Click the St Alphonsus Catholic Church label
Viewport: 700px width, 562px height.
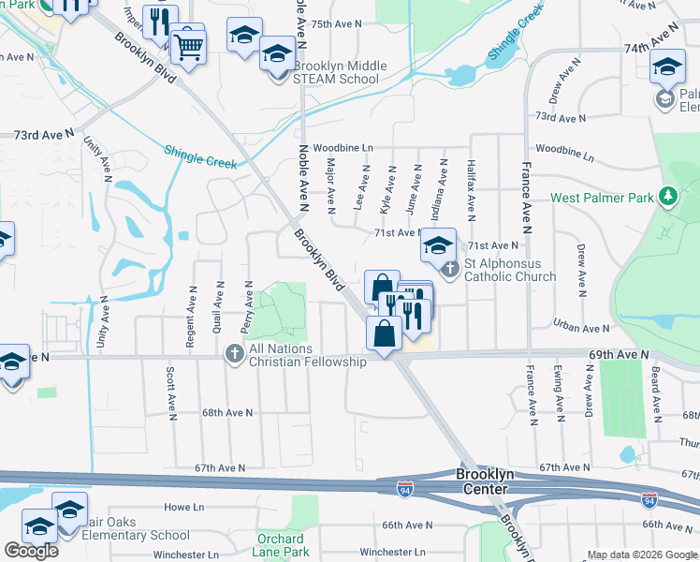(510, 270)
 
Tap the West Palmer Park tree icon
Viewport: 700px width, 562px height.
(668, 197)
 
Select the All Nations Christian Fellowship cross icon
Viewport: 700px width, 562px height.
(235, 354)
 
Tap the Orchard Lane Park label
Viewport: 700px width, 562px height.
(281, 545)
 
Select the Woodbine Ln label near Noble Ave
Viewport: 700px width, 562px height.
(343, 148)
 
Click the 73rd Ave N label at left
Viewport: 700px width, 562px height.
(43, 135)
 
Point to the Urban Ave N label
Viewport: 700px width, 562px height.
(580, 328)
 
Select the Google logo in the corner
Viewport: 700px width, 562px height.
(31, 551)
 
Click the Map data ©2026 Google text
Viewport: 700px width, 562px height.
(641, 555)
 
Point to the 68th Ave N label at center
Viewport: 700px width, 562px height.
(227, 412)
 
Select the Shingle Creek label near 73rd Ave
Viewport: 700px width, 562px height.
(200, 155)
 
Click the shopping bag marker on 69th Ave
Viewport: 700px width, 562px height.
(385, 333)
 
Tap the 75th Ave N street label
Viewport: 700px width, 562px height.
(336, 24)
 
